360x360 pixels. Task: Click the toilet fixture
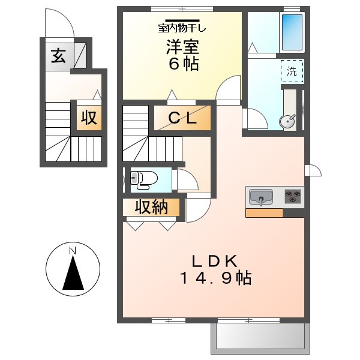click(144, 180)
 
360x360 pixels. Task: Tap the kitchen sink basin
click(261, 197)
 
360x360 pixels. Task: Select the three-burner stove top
click(293, 196)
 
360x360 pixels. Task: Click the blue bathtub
click(292, 32)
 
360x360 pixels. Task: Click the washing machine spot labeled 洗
click(292, 71)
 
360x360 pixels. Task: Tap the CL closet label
click(182, 118)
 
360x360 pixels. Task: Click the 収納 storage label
click(151, 208)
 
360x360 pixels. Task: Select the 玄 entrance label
click(58, 56)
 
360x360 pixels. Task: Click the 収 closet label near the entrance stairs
click(89, 118)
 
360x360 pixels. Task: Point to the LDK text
click(214, 261)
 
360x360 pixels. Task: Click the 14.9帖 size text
click(216, 278)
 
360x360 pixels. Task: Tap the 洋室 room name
click(182, 47)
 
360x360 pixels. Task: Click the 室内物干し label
click(182, 28)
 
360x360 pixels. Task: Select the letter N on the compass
click(73, 250)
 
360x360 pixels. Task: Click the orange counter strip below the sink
click(264, 213)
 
